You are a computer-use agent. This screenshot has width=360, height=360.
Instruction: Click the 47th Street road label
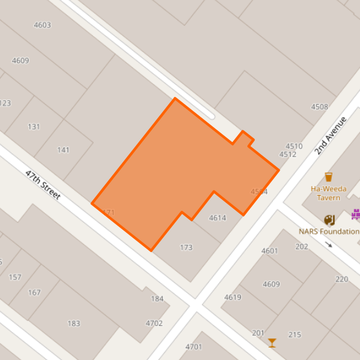[43, 185]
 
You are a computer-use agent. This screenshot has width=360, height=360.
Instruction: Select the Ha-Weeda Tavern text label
[329, 193]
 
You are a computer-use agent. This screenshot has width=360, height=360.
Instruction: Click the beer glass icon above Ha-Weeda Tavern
[329, 177]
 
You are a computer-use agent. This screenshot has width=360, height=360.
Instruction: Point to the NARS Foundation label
[329, 231]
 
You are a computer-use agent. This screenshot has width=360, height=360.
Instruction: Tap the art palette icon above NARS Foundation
[329, 220]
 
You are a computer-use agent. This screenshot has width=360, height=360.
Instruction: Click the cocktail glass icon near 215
[272, 342]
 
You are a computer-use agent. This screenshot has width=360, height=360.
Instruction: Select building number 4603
[42, 25]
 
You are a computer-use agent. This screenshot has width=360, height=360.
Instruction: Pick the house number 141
[63, 150]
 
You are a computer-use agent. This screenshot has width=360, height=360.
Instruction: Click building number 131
[34, 126]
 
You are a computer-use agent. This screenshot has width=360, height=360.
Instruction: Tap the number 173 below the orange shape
[187, 247]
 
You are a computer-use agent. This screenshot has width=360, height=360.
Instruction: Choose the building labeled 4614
[217, 218]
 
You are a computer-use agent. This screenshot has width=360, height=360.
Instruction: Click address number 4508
[319, 107]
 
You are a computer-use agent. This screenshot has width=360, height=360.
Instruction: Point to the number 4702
[154, 323]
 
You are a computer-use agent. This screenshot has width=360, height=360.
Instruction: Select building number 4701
[194, 346]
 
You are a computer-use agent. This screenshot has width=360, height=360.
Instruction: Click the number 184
[157, 299]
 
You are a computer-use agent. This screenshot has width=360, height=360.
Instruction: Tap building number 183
[74, 323]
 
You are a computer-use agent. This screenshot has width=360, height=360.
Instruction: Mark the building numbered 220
[342, 279]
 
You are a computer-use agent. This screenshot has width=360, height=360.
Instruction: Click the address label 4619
[232, 297]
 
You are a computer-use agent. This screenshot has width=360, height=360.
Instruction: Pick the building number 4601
[270, 251]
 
